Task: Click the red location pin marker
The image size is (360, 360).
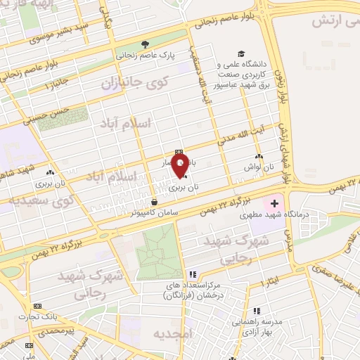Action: tap(181, 167)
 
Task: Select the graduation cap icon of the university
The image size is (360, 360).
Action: tap(241, 53)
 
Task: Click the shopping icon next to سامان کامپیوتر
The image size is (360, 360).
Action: tap(154, 202)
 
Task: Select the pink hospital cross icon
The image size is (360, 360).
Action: tap(274, 203)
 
